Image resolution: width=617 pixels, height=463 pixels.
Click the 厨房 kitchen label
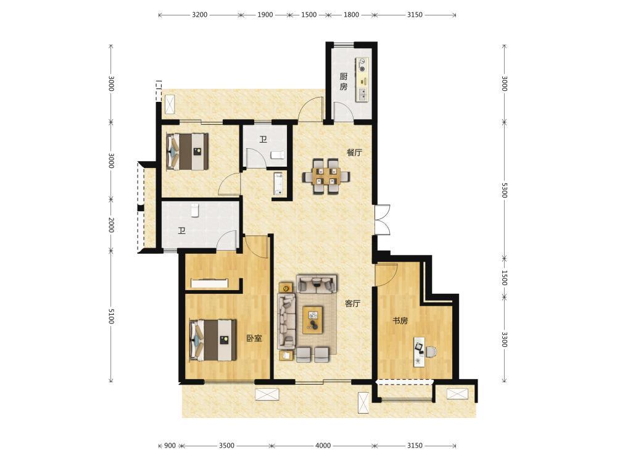(344, 81)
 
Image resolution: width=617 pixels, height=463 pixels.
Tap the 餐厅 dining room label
(354, 152)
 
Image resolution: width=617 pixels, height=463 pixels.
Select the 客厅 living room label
(352, 304)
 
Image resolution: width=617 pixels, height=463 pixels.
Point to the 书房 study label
(400, 321)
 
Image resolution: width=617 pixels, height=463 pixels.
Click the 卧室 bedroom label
(254, 338)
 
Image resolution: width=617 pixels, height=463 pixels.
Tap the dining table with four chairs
(326, 176)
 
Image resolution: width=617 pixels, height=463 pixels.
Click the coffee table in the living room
(313, 320)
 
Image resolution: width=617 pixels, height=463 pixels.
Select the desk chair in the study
(431, 351)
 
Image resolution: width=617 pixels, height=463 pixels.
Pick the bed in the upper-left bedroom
(188, 152)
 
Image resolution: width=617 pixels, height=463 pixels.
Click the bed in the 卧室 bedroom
(213, 340)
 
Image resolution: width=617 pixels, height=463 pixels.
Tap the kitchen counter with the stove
(362, 80)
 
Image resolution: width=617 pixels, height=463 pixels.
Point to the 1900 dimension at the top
(265, 15)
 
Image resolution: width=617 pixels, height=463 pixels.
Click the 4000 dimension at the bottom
(323, 446)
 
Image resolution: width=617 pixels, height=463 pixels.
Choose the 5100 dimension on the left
(111, 315)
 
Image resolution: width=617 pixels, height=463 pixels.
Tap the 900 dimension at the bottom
(170, 446)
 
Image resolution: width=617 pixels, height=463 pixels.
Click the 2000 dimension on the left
(111, 225)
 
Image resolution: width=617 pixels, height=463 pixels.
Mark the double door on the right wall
(382, 220)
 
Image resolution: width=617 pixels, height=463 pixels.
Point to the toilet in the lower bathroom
(194, 210)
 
